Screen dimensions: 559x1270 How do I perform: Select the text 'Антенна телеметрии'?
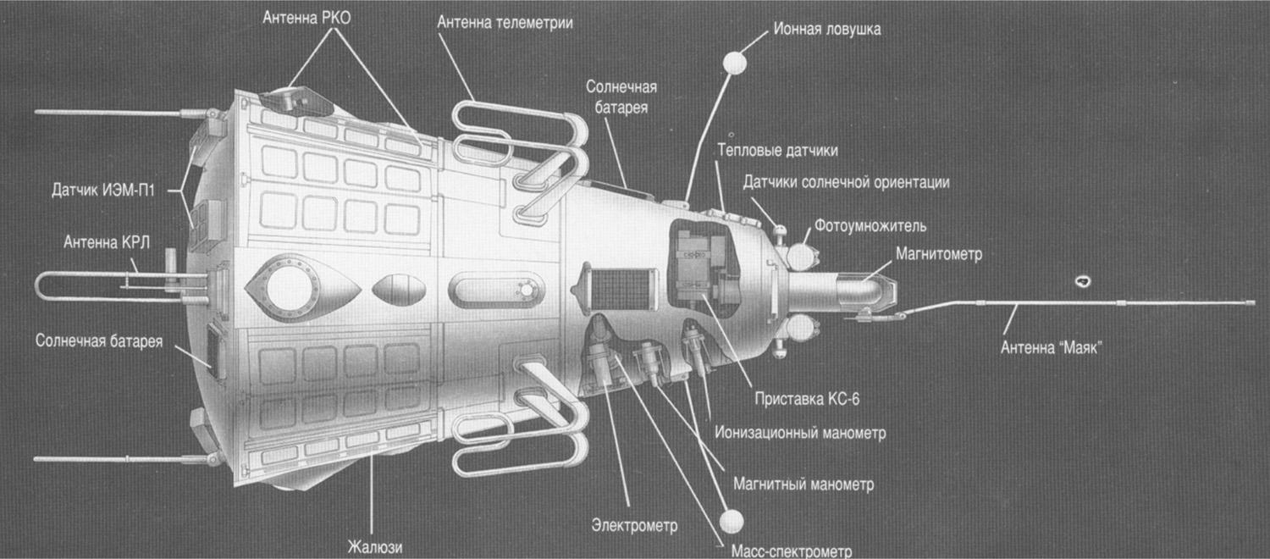coord(505,22)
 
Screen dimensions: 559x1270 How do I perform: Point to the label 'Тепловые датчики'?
coord(777,151)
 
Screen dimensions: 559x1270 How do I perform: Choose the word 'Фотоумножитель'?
coord(870,226)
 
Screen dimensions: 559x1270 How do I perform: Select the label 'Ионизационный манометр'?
coord(800,433)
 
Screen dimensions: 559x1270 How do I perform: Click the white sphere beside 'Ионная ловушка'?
coord(733,64)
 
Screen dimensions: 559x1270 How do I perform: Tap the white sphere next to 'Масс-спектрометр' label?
coord(731,519)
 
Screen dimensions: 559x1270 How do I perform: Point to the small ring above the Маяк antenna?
coord(1081,281)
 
